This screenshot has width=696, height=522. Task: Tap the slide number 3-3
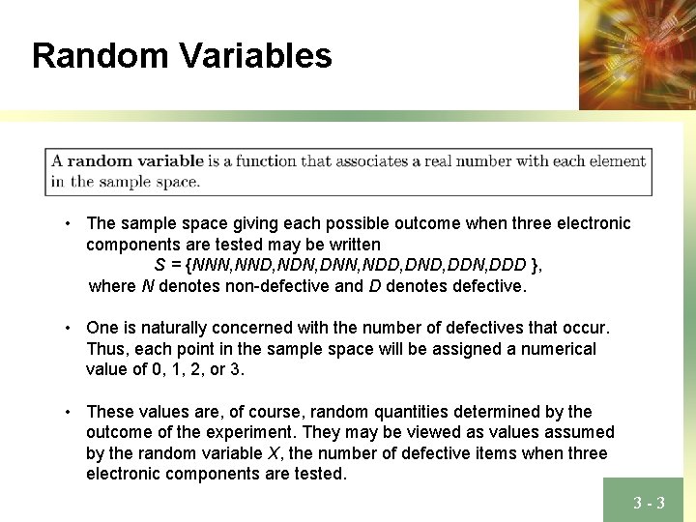click(x=649, y=503)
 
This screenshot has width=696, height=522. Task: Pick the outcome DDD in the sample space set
click(x=507, y=265)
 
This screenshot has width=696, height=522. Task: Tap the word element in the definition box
click(x=614, y=161)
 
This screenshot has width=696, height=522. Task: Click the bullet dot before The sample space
click(x=69, y=224)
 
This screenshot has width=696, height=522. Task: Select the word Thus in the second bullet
click(x=104, y=349)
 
